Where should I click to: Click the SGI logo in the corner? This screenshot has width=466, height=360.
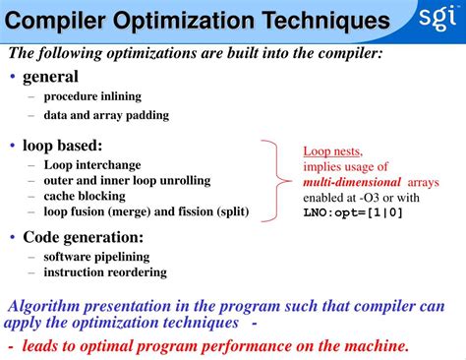pyautogui.click(x=437, y=20)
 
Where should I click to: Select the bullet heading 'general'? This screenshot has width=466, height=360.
pyautogui.click(x=50, y=76)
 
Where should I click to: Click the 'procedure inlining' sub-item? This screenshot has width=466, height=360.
pyautogui.click(x=92, y=96)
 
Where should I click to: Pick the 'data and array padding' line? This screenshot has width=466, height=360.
pyautogui.click(x=106, y=115)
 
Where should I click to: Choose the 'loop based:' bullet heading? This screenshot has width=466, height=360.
pyautogui.click(x=64, y=146)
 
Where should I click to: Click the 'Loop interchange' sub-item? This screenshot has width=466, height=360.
pyautogui.click(x=92, y=164)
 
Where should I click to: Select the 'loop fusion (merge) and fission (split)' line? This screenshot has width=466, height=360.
pyautogui.click(x=146, y=211)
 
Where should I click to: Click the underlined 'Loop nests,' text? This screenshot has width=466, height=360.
pyautogui.click(x=332, y=151)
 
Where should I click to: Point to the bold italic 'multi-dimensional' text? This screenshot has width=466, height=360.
pyautogui.click(x=351, y=182)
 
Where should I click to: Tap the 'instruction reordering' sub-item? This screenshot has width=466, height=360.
pyautogui.click(x=105, y=272)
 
